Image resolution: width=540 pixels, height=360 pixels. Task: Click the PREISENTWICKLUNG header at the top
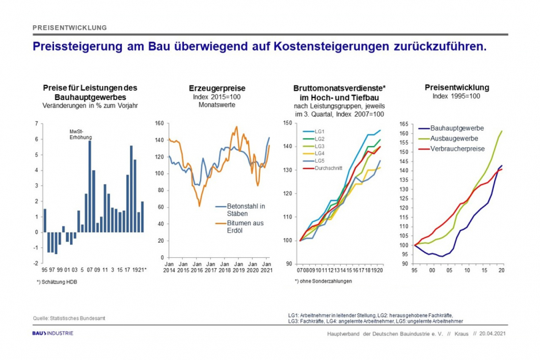[x=69, y=27]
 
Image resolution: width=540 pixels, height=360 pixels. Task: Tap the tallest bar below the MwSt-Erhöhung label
[x=90, y=186]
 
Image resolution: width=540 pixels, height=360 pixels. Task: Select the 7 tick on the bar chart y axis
[x=37, y=123]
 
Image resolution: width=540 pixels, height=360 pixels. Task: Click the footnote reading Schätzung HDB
[x=57, y=283]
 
